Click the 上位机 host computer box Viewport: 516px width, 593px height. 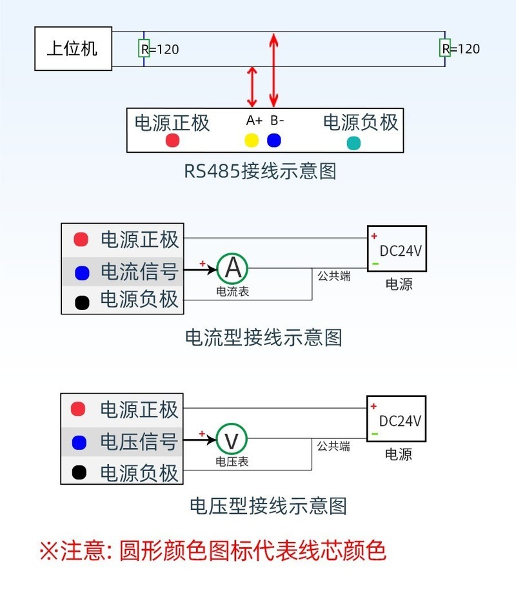click(x=73, y=48)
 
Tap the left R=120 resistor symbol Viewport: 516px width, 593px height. click(x=144, y=48)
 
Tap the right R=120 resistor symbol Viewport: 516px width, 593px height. click(x=444, y=48)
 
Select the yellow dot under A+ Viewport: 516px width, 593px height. click(x=251, y=140)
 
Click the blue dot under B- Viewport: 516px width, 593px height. click(x=274, y=140)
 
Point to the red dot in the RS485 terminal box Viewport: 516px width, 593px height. click(x=172, y=140)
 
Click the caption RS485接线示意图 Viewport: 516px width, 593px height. click(x=260, y=171)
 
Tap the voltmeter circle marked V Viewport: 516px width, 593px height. click(x=232, y=440)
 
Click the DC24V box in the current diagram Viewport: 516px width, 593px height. click(x=397, y=248)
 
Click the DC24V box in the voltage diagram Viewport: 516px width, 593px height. click(x=397, y=420)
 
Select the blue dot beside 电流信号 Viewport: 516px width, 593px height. click(x=81, y=273)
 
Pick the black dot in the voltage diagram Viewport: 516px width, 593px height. click(x=79, y=472)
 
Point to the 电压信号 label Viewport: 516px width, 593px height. click(x=139, y=442)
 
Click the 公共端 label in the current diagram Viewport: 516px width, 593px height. click(x=333, y=276)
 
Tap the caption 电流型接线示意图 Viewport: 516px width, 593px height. click(x=263, y=337)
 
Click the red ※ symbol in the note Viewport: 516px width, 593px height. click(x=49, y=551)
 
